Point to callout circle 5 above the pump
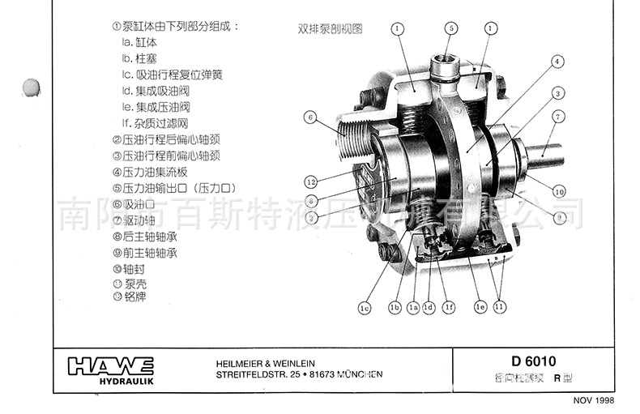[450, 28]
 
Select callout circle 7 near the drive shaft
[558, 117]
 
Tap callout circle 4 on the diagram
[558, 62]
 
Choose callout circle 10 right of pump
[559, 191]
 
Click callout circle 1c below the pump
[365, 308]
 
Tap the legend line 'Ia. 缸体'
[139, 42]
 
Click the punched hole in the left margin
[33, 86]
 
